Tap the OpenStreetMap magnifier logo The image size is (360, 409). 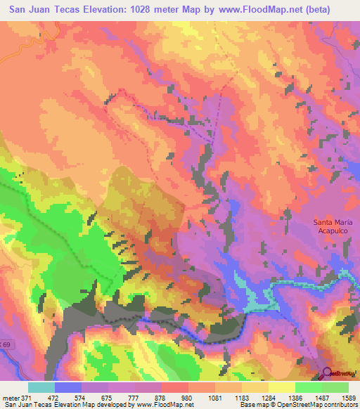point(327,373)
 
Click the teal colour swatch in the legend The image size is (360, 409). point(41,387)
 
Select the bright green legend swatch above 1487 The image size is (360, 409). point(309,387)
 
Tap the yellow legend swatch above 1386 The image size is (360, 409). point(282,387)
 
